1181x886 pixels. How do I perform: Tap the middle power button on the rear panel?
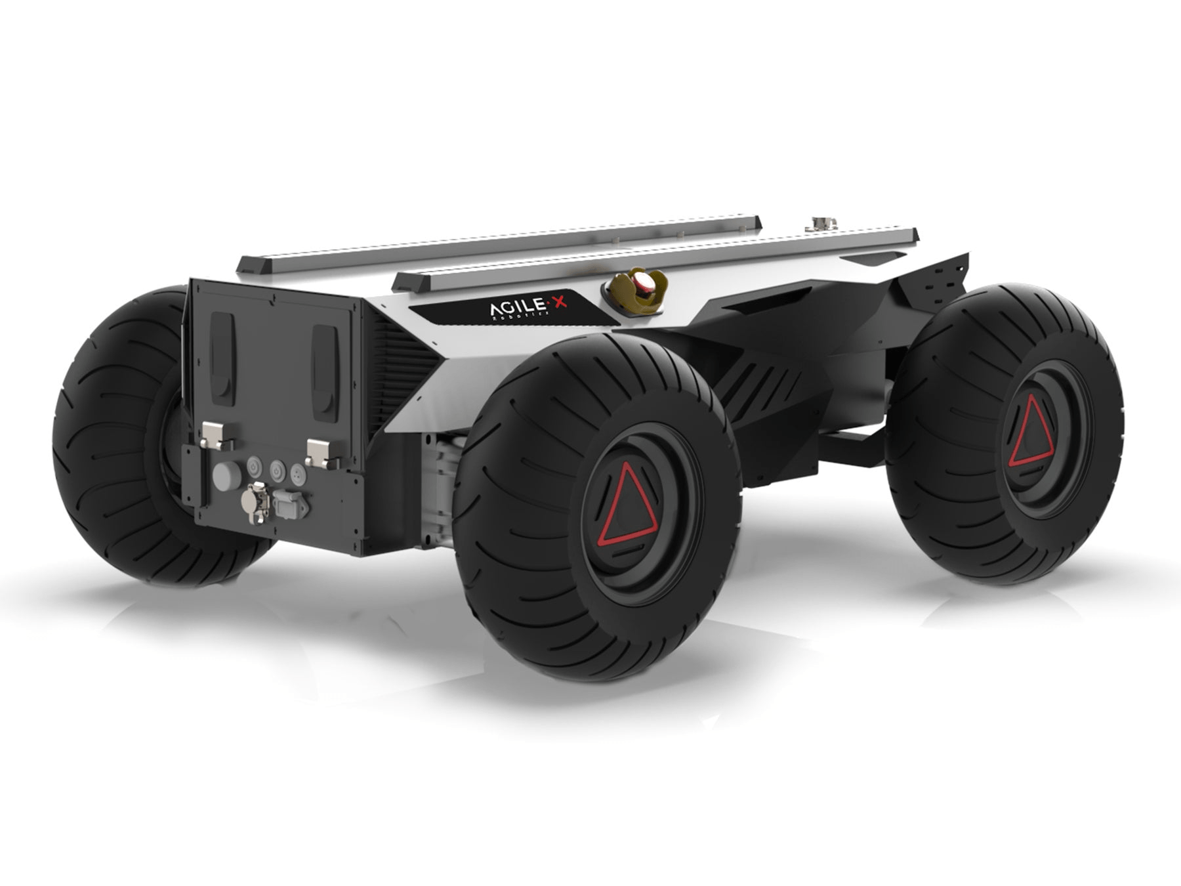(x=276, y=471)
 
